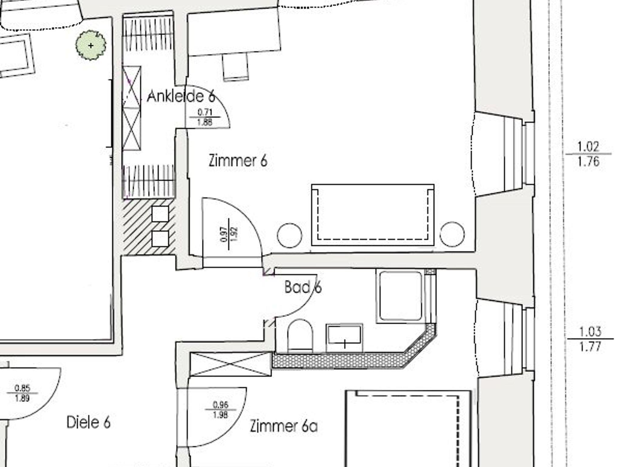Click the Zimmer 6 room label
pos(238,160)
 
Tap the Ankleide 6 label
pos(181,97)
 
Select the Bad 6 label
pos(303,287)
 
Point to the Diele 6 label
pos(88,422)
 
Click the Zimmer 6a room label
pos(284,426)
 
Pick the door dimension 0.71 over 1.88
pos(205,117)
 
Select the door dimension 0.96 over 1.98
pos(220,410)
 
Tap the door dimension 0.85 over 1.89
pos(22,393)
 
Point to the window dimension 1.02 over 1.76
pos(588,154)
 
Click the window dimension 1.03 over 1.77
pos(590,339)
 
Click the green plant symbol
pos(91,45)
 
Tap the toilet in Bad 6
pos(300,336)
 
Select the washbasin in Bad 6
pos(344,338)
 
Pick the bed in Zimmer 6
pos(373,215)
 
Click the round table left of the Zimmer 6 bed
pos(290,235)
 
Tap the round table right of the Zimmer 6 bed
pos(452,234)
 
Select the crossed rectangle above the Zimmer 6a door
pos(230,364)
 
